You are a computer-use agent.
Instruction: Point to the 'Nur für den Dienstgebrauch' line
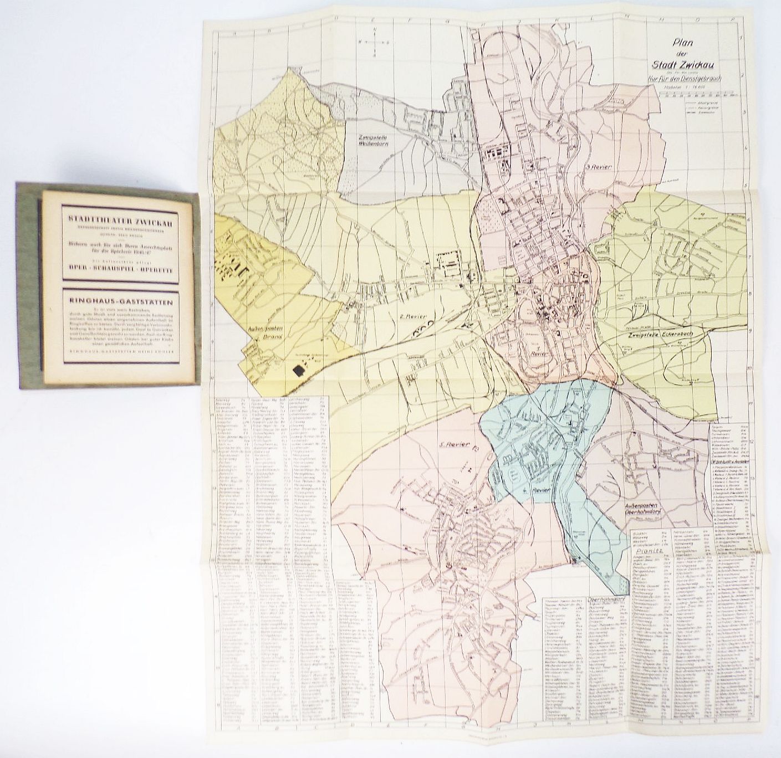click(x=687, y=79)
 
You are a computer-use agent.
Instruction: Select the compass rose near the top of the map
click(x=375, y=43)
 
